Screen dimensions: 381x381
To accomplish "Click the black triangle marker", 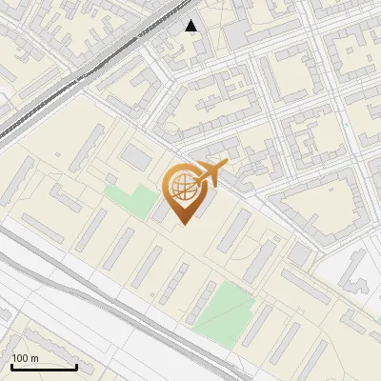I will [x=191, y=26].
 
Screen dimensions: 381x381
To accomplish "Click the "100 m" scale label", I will [x=25, y=358].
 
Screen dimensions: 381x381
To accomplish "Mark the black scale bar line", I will [x=44, y=367].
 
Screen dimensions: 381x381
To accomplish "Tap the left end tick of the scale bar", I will [x=11, y=365].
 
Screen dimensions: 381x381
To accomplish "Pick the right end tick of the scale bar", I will [x=76, y=365].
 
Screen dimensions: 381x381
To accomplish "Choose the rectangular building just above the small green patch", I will [x=137, y=155].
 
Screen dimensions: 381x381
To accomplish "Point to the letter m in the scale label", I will [x=34, y=358].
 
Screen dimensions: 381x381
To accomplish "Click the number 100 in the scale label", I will [x=20, y=358].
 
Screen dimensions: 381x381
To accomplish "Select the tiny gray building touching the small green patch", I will [x=111, y=180].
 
